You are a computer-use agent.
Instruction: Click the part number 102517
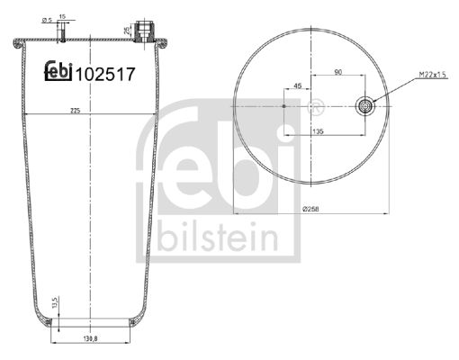coord(105,75)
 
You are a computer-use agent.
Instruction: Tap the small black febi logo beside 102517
coord(58,70)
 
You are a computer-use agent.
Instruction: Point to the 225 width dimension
coord(75,111)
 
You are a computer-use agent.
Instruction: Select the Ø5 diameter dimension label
coord(48,21)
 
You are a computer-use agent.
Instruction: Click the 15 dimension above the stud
coord(62,16)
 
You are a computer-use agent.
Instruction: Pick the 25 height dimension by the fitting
coord(127,31)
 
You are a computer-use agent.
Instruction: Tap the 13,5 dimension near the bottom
coord(54,302)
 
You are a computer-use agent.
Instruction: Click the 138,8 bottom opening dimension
coord(90,338)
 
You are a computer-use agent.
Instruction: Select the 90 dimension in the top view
coord(338,72)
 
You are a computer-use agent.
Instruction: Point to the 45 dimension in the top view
coord(297,85)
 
